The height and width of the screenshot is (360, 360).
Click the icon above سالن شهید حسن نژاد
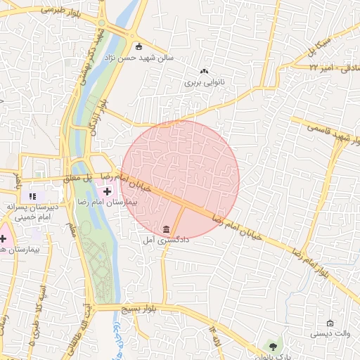point(139,46)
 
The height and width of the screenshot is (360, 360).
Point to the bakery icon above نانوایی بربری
point(205,71)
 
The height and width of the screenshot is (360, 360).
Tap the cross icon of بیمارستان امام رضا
point(107,190)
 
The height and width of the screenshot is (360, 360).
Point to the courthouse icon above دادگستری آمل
point(166,230)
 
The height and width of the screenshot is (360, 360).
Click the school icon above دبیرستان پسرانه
point(31,195)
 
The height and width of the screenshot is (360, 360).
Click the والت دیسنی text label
point(330,335)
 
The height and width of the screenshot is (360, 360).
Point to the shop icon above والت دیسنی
point(330,323)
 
